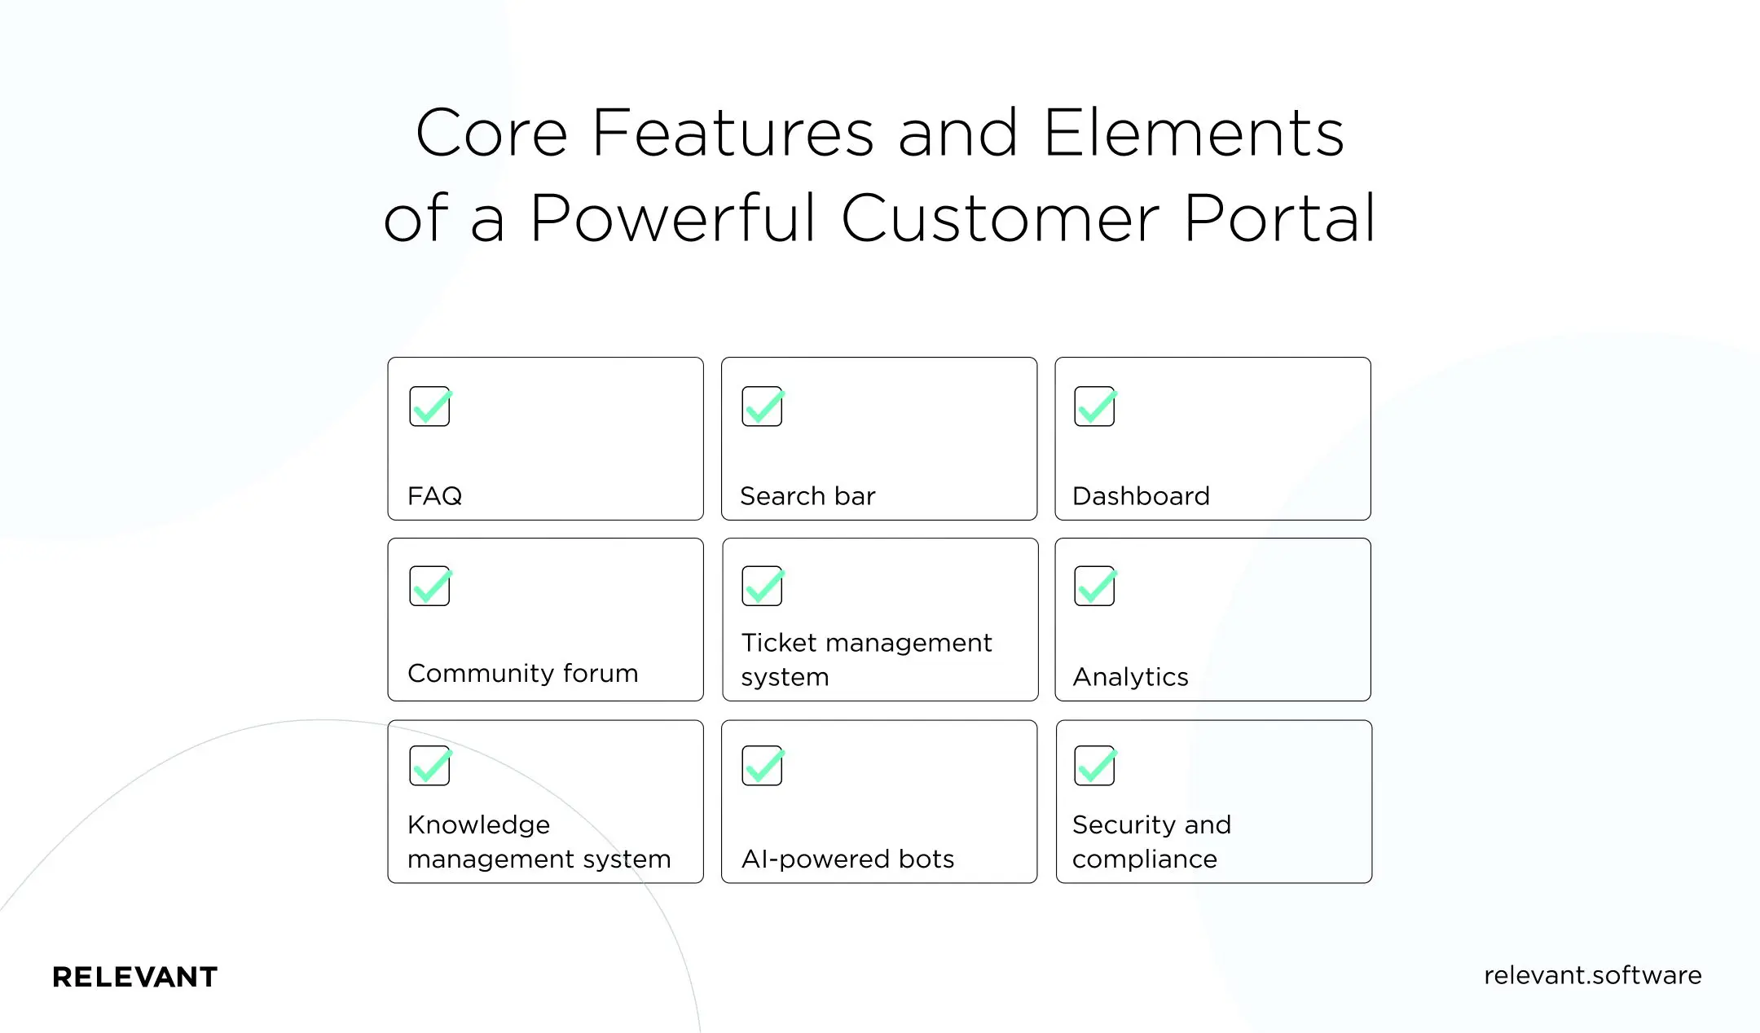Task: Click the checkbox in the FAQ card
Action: click(x=429, y=407)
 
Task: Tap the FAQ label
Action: click(x=434, y=495)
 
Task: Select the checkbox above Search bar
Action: click(x=762, y=407)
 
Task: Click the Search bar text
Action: click(x=807, y=495)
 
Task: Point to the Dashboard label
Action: click(x=1141, y=495)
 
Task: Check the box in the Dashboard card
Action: click(x=1094, y=407)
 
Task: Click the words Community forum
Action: click(x=522, y=673)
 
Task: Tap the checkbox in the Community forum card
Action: click(x=429, y=587)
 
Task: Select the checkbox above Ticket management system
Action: click(x=762, y=587)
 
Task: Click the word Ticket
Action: click(x=778, y=643)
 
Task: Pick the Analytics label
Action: click(x=1130, y=676)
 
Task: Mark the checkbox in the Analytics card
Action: click(x=1094, y=587)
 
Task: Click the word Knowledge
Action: click(x=478, y=824)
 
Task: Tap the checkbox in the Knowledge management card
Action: click(x=429, y=766)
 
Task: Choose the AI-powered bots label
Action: click(x=847, y=859)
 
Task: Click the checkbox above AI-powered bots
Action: click(x=762, y=766)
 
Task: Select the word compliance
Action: click(x=1144, y=859)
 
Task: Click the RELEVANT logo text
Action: click(x=134, y=977)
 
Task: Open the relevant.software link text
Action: click(x=1592, y=975)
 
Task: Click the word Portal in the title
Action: click(x=1279, y=218)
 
